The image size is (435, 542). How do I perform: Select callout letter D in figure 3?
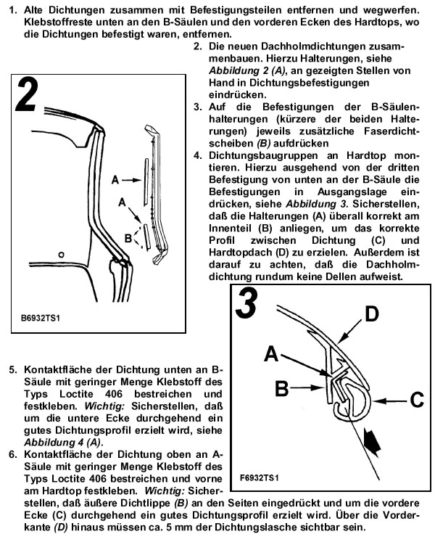coord(371,315)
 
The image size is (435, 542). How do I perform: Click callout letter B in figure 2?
coord(128,237)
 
